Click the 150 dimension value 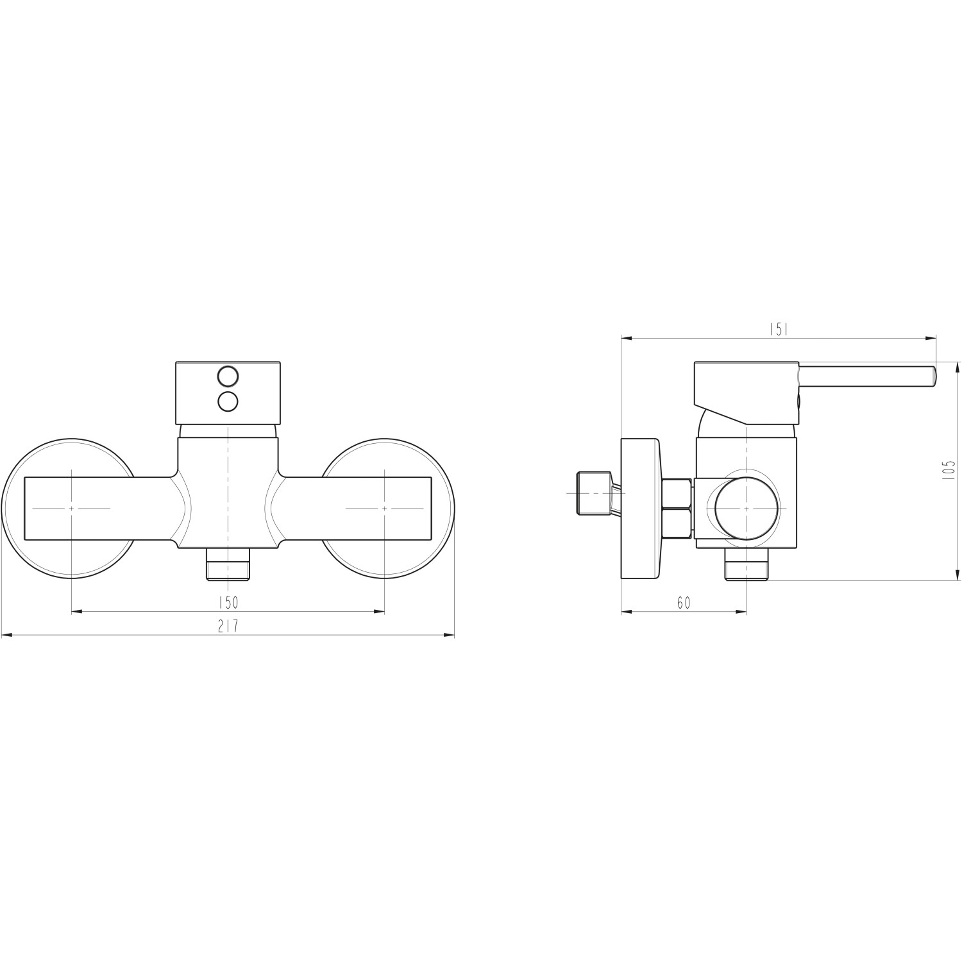coord(228,602)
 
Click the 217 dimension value coord(228,626)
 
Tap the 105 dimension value coord(950,470)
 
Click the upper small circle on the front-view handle coord(228,375)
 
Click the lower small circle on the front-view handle coord(228,401)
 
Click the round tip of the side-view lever coord(933,376)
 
